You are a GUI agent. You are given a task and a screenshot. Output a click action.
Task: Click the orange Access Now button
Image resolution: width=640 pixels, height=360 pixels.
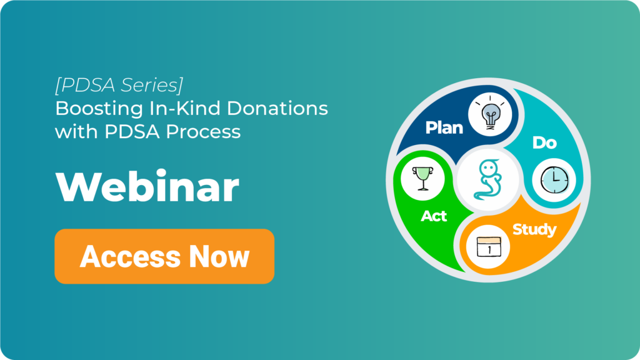(164, 256)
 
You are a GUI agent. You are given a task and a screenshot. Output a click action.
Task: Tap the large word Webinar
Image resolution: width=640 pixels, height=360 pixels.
(147, 187)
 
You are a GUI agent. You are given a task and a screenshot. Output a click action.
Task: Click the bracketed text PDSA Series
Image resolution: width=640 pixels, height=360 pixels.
(119, 85)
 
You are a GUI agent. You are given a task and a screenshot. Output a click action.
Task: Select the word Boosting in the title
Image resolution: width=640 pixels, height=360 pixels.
(99, 109)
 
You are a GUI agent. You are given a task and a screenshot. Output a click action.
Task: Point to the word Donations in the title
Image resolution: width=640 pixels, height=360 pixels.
(277, 109)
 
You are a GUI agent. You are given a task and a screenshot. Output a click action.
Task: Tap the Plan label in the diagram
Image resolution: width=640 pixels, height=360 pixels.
(444, 127)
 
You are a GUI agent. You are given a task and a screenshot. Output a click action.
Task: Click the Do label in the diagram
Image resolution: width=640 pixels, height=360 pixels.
(544, 143)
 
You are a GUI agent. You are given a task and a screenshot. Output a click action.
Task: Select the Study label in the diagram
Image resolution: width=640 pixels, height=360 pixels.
(534, 230)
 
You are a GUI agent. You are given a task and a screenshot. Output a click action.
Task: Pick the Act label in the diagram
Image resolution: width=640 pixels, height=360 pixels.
(434, 216)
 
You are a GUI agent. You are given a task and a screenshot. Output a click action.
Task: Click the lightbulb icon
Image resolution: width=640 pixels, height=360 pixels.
(490, 114)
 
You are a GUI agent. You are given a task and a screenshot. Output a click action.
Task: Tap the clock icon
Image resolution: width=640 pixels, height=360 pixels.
(554, 181)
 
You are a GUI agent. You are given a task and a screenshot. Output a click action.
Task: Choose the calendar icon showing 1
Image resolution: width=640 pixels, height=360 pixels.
(488, 247)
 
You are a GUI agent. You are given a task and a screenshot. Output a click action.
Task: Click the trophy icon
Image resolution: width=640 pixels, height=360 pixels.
(423, 178)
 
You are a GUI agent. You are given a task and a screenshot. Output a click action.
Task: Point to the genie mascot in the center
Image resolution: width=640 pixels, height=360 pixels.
(487, 179)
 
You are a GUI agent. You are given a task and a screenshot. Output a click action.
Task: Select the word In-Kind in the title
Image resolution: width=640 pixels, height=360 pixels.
(185, 109)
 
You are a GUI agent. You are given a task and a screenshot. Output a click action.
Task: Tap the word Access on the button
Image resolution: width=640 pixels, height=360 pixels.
(130, 257)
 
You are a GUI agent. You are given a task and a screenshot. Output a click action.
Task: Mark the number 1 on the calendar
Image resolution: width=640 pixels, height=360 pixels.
(489, 249)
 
